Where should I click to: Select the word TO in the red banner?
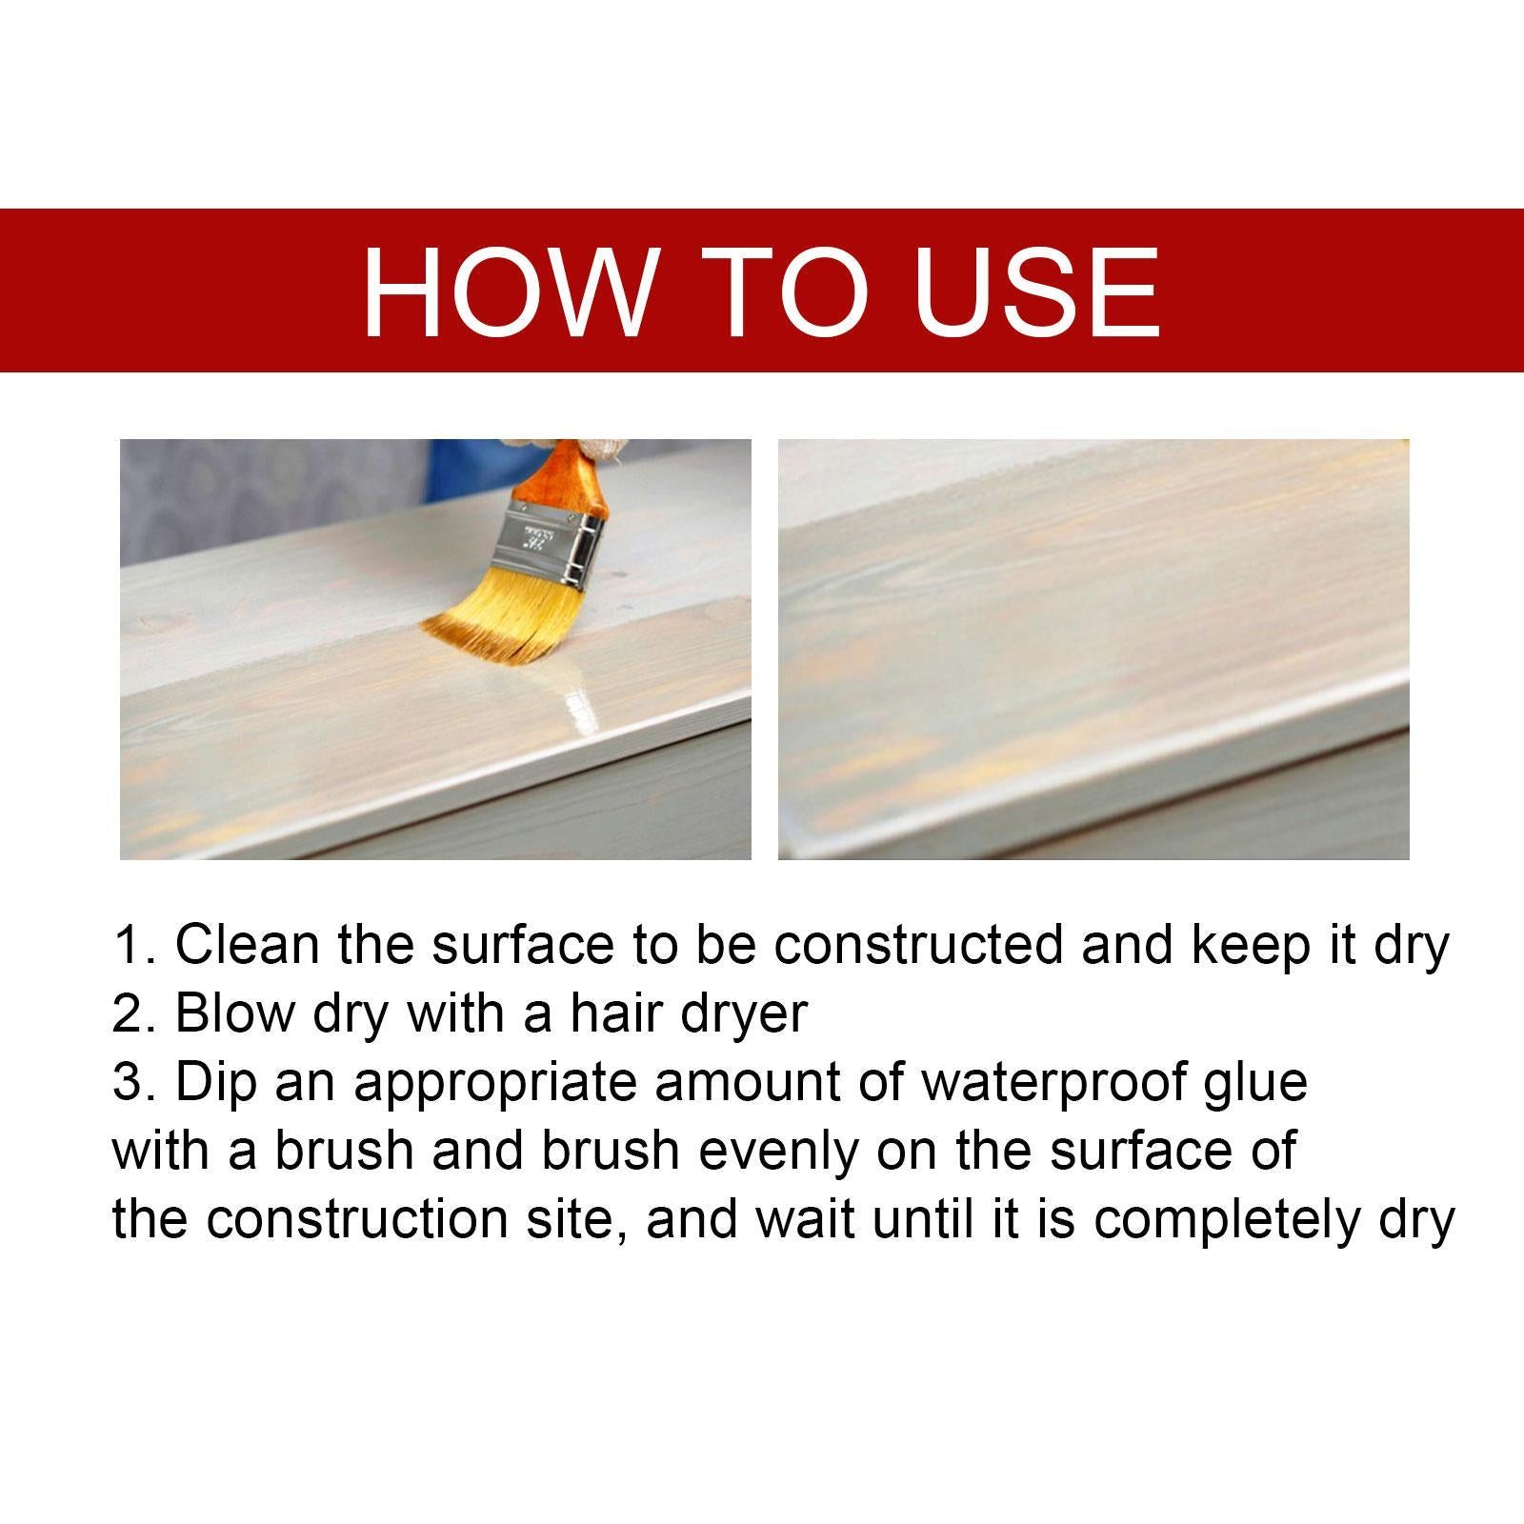(792, 291)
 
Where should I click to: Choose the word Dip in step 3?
(216, 1084)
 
